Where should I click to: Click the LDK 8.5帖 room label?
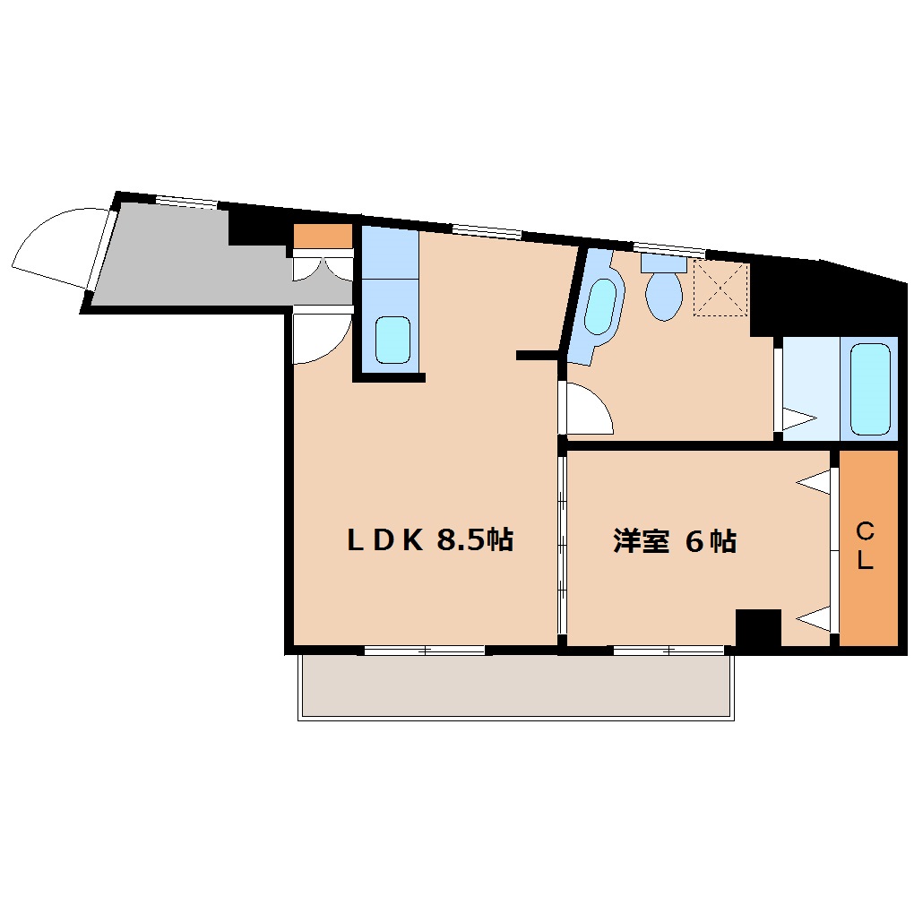coord(430,539)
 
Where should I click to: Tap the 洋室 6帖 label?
coord(675,541)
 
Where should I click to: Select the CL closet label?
coord(866,546)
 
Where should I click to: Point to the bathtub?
coord(870,390)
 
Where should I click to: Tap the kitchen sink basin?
coord(392,340)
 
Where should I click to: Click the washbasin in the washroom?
coord(600,306)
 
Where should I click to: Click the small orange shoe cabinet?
coord(323,237)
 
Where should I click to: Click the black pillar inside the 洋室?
coord(758,628)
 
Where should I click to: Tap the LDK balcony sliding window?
coord(425,650)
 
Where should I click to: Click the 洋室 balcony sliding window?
coord(668,650)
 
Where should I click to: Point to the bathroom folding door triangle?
coord(798,418)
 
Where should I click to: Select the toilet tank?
coord(663,263)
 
